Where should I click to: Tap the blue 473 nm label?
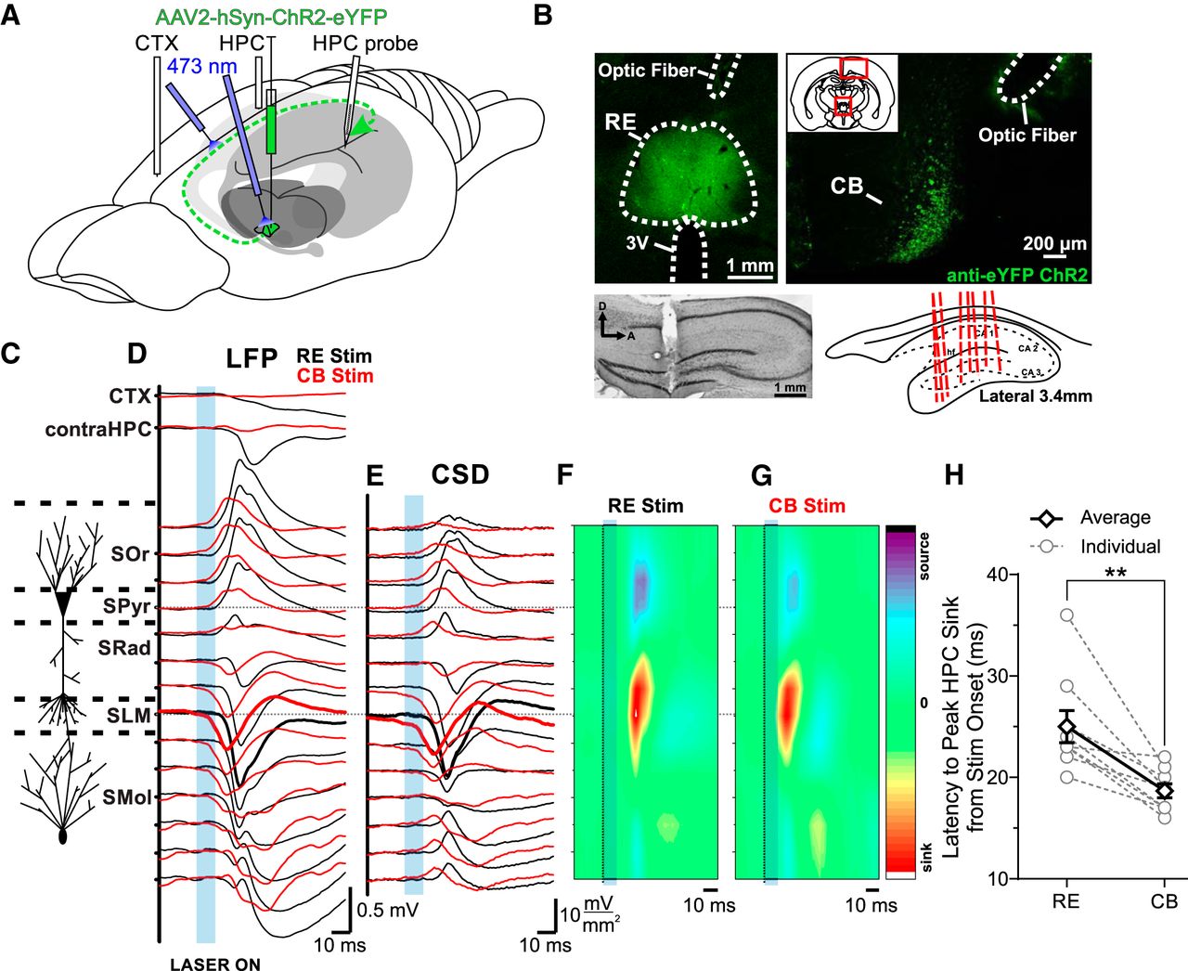[x=201, y=67]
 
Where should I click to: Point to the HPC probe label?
[x=365, y=44]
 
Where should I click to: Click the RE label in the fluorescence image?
[x=620, y=122]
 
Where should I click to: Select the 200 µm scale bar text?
[x=1054, y=243]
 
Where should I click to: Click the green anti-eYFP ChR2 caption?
[x=1016, y=275]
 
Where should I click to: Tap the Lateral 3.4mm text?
[x=1035, y=396]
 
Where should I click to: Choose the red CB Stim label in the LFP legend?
[x=334, y=376]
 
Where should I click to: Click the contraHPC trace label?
[x=97, y=430]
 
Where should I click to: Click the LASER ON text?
[x=215, y=964]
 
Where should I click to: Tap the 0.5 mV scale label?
[x=388, y=910]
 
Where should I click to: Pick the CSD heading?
[x=460, y=474]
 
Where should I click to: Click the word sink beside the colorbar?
[x=923, y=859]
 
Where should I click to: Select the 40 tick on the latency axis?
[x=997, y=575]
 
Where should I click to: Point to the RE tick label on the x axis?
[x=1066, y=900]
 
